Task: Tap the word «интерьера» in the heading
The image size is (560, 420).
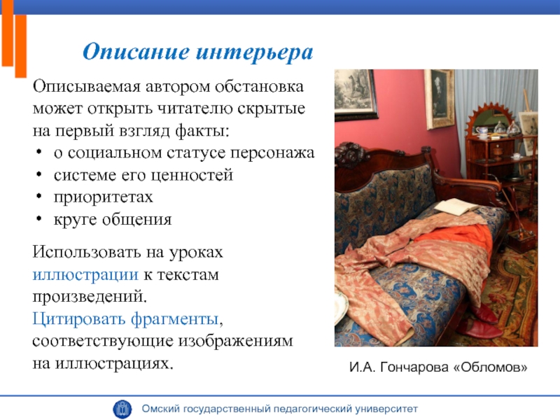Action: pyautogui.click(x=255, y=52)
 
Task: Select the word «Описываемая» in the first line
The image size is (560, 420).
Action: pyautogui.click(x=86, y=87)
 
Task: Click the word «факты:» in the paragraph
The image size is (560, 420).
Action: pyautogui.click(x=202, y=131)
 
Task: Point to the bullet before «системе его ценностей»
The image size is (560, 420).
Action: pyautogui.click(x=39, y=175)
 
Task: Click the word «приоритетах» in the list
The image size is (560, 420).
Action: pyautogui.click(x=103, y=197)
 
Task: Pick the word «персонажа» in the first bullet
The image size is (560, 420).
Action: pyautogui.click(x=272, y=153)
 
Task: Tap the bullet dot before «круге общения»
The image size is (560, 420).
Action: pyautogui.click(x=39, y=219)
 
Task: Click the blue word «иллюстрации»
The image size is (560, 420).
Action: pyautogui.click(x=85, y=275)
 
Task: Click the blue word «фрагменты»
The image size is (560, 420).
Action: pyautogui.click(x=174, y=319)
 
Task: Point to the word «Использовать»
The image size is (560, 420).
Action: pyautogui.click(x=87, y=252)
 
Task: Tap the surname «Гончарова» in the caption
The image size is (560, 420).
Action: pyautogui.click(x=414, y=367)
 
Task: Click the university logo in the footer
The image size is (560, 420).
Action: pyautogui.click(x=122, y=409)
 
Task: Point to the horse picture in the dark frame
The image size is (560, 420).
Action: pyautogui.click(x=355, y=93)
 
